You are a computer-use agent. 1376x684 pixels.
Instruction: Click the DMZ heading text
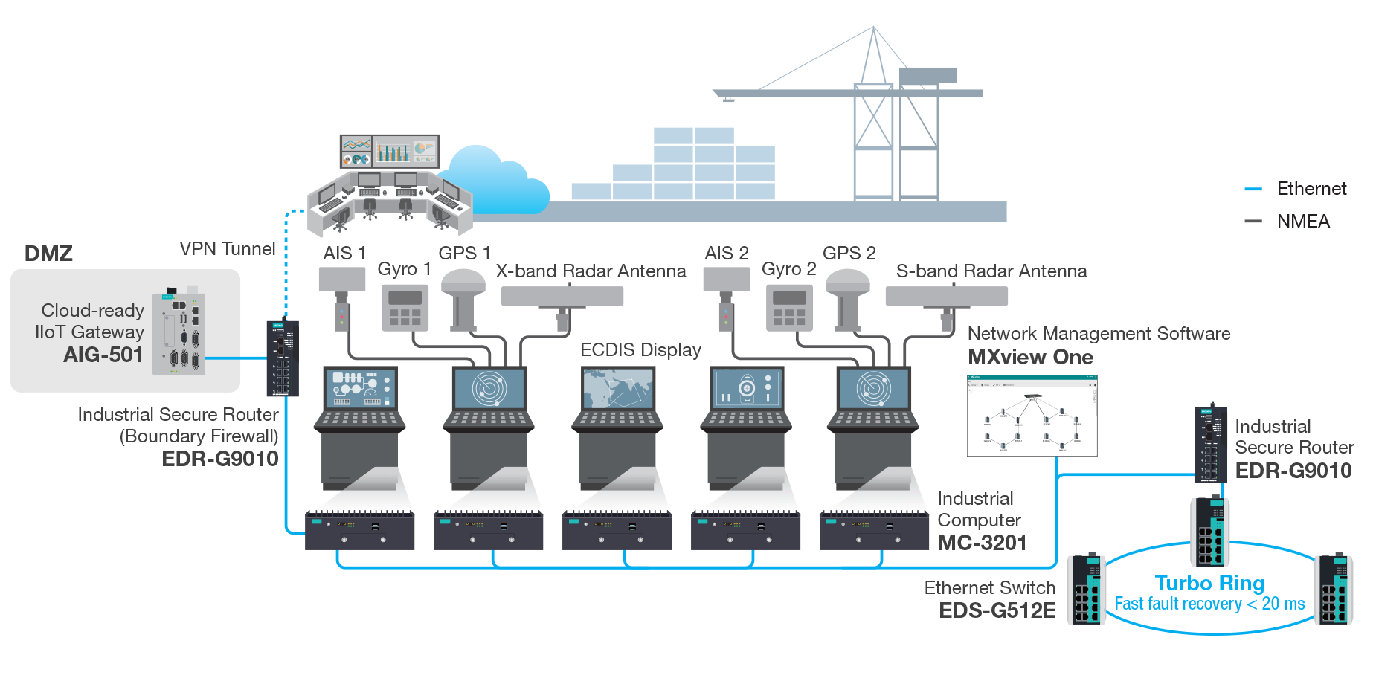(x=48, y=254)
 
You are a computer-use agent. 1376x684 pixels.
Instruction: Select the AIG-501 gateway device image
(x=179, y=333)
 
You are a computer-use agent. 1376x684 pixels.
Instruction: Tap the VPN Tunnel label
(x=227, y=248)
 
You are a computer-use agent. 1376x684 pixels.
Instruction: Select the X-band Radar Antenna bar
(x=562, y=297)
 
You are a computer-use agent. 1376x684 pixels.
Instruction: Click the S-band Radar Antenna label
(x=991, y=271)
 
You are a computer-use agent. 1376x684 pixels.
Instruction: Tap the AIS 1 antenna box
(x=342, y=280)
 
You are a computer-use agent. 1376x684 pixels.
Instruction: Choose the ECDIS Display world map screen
(x=617, y=388)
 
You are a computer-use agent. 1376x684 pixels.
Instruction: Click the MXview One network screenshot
(x=1032, y=416)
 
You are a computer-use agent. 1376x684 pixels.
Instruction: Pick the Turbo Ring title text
(x=1209, y=583)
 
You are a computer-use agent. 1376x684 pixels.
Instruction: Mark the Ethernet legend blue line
(x=1253, y=190)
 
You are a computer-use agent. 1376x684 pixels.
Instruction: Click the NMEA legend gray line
(x=1253, y=222)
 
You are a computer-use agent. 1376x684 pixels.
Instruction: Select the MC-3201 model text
(x=982, y=543)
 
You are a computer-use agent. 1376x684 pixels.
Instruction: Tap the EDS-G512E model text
(x=997, y=610)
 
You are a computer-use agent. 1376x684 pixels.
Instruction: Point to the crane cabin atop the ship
(x=927, y=75)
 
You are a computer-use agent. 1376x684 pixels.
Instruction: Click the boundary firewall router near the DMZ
(x=283, y=358)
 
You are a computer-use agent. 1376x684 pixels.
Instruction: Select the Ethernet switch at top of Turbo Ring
(x=1210, y=532)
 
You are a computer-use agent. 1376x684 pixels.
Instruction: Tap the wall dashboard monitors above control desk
(x=390, y=151)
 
